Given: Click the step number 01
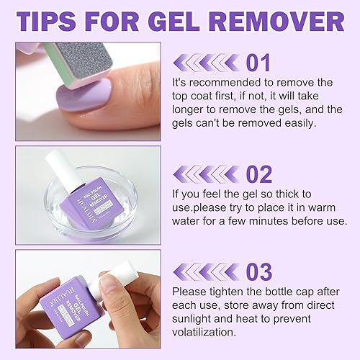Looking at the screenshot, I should click(x=258, y=63).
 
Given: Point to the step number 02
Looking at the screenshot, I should click(x=258, y=175).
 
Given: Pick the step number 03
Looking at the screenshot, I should click(x=258, y=272).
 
